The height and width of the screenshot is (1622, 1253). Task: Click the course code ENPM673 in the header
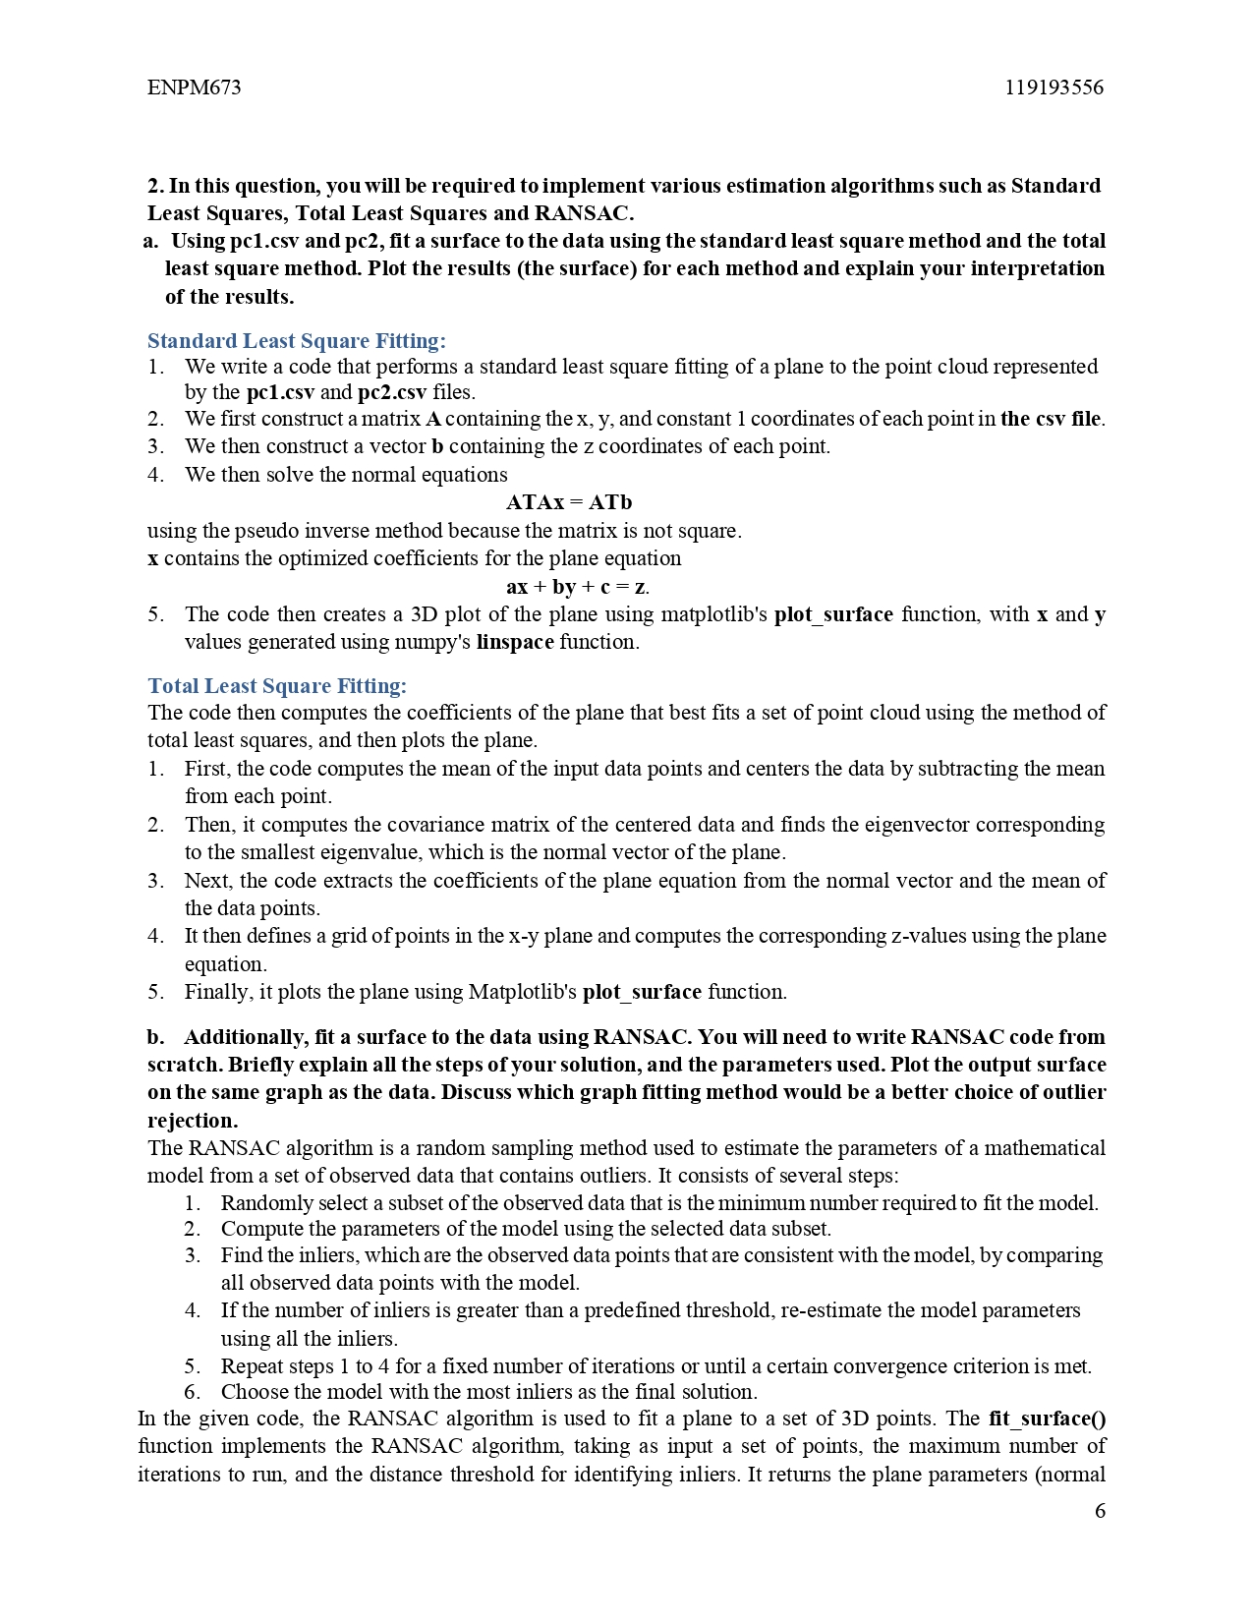194,87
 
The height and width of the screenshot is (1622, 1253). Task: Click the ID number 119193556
1054,87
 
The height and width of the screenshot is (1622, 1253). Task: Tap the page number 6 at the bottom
1100,1511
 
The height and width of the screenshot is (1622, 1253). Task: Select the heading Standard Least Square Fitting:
296,341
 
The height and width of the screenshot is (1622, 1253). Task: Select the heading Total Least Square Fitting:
277,686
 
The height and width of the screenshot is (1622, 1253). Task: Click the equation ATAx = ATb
569,502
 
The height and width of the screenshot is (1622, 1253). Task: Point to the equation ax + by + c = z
577,587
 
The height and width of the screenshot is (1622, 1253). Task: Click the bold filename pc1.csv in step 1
280,392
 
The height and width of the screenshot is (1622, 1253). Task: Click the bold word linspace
515,642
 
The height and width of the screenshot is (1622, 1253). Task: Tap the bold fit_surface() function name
1047,1419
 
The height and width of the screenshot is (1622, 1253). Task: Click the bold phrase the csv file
1051,419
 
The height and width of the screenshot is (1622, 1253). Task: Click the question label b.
155,1037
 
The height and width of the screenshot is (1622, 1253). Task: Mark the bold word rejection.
193,1121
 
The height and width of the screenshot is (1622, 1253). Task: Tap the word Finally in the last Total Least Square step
218,992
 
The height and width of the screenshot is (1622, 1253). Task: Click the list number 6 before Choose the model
192,1392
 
